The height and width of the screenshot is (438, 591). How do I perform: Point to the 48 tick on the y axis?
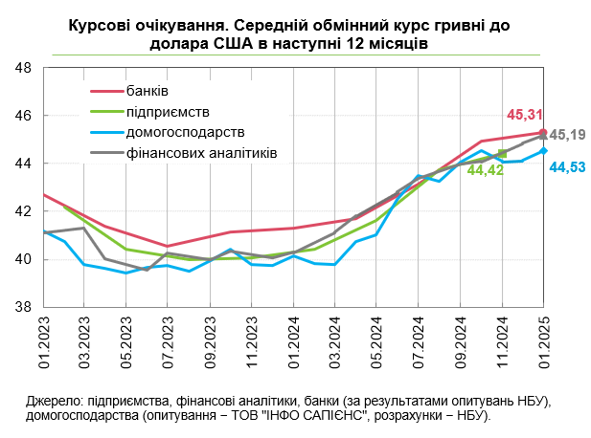click(x=24, y=68)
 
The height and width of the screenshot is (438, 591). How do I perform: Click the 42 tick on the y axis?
click(x=24, y=211)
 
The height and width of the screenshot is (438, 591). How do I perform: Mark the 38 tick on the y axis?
click(x=24, y=307)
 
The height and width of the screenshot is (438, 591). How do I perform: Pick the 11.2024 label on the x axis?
click(x=502, y=343)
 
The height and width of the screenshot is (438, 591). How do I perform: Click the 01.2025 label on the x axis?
click(x=543, y=343)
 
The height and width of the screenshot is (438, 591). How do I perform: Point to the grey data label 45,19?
click(x=568, y=135)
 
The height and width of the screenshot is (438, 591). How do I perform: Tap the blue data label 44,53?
click(x=568, y=168)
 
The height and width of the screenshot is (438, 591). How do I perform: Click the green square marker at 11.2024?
click(x=502, y=153)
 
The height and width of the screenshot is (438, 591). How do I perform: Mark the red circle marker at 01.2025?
click(x=543, y=133)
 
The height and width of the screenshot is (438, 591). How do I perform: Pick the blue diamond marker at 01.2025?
click(x=543, y=150)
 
